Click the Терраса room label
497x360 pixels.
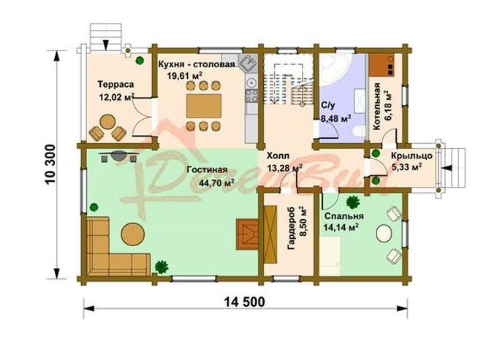click(115, 85)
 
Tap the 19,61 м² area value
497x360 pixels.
click(184, 75)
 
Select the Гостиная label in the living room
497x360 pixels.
click(207, 169)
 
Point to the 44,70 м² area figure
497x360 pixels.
click(217, 183)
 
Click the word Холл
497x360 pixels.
click(278, 156)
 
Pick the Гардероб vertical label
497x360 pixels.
click(291, 228)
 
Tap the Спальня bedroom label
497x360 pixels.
click(344, 216)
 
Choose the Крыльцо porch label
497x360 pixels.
click(411, 156)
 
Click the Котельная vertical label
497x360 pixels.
click(376, 107)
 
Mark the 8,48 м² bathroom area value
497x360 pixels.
click(335, 119)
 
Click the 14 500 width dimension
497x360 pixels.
click(244, 302)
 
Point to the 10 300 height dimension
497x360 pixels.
click(50, 164)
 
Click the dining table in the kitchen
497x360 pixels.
click(204, 106)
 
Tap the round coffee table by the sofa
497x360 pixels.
click(133, 234)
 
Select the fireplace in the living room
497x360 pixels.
click(247, 234)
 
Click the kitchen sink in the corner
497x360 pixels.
click(248, 63)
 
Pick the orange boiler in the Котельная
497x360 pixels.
click(382, 65)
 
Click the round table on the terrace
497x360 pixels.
click(107, 122)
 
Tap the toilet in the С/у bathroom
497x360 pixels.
click(358, 131)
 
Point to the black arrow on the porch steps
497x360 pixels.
click(447, 169)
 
